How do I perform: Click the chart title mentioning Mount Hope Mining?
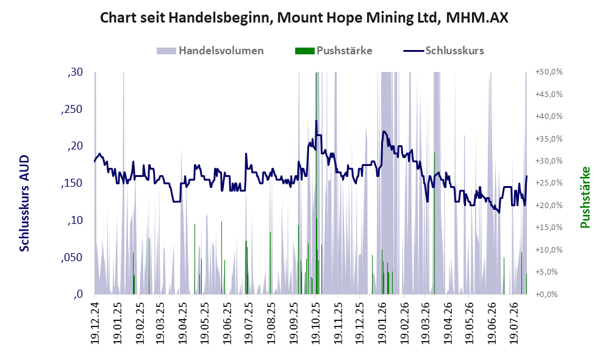pyautogui.click(x=304, y=18)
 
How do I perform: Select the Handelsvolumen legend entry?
pyautogui.click(x=210, y=51)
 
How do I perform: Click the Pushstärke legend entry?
pyautogui.click(x=334, y=51)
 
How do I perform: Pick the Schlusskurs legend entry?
pyautogui.click(x=443, y=51)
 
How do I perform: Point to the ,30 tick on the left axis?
pyautogui.click(x=75, y=72)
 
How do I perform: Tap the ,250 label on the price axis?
pyautogui.click(x=72, y=109)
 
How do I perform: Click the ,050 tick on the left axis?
pyautogui.click(x=72, y=257)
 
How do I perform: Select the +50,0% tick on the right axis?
pyautogui.click(x=549, y=72)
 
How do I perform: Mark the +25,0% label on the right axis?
pyautogui.click(x=549, y=183)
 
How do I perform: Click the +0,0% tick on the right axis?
pyautogui.click(x=547, y=295)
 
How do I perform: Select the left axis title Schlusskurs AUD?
pyautogui.click(x=24, y=203)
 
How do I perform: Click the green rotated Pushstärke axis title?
pyautogui.click(x=585, y=197)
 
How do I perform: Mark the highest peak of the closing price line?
pyautogui.click(x=316, y=120)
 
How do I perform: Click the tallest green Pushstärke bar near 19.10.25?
pyautogui.click(x=316, y=183)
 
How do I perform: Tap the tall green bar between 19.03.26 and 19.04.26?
pyautogui.click(x=434, y=223)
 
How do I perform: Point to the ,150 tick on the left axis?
pyautogui.click(x=72, y=183)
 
